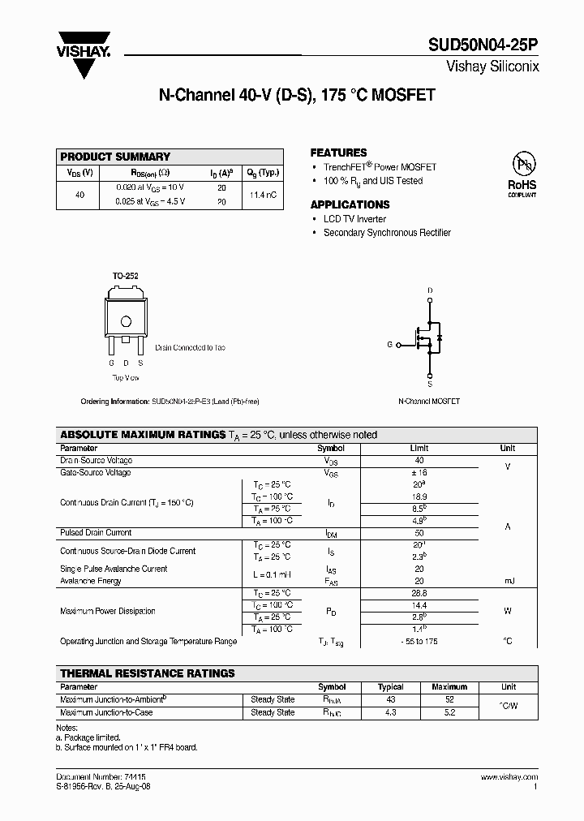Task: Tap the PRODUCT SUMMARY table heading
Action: (115, 157)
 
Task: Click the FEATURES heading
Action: (338, 153)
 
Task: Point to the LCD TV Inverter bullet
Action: (354, 219)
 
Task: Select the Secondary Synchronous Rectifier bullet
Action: (387, 233)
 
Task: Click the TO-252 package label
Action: (125, 277)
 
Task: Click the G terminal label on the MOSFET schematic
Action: (389, 345)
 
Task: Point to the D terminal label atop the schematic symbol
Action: (430, 290)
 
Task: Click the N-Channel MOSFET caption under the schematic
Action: (429, 402)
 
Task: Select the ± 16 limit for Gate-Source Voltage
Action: (419, 472)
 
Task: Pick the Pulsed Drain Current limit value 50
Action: (419, 533)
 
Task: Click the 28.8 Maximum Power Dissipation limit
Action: (419, 594)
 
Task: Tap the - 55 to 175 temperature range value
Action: (419, 641)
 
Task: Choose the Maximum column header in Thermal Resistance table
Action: (449, 687)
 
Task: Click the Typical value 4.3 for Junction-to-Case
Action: (392, 712)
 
